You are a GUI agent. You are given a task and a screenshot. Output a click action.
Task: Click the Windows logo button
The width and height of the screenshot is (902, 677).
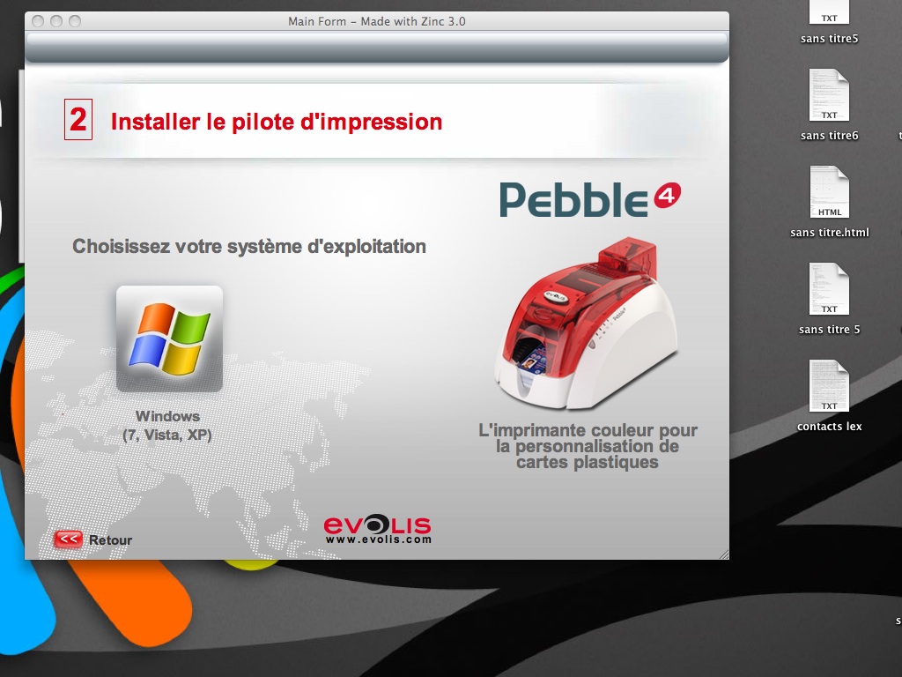click(169, 338)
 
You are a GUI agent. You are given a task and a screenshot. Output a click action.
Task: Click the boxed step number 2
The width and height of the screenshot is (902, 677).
click(78, 119)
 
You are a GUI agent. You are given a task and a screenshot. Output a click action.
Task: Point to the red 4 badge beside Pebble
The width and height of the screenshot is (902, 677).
click(668, 196)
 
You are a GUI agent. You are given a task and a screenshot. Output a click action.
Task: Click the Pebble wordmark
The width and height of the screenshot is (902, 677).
click(574, 200)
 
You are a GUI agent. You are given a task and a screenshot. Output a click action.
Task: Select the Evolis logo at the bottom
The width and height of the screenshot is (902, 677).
click(377, 524)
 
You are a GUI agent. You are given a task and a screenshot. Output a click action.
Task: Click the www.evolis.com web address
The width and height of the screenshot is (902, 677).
click(378, 540)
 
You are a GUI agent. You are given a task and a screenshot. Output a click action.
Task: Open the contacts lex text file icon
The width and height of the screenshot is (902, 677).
click(830, 386)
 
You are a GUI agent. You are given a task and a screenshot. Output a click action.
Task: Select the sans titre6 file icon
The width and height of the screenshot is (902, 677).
click(830, 95)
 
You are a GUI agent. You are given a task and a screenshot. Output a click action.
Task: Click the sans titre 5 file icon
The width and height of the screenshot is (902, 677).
click(830, 289)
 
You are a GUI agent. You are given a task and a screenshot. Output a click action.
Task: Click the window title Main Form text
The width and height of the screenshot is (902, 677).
click(317, 21)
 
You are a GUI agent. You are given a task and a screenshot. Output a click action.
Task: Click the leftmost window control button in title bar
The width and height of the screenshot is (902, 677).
click(38, 21)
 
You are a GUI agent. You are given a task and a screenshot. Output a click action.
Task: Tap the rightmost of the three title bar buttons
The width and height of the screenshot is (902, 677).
click(75, 21)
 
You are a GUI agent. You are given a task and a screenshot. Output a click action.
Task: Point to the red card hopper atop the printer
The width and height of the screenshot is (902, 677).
click(627, 254)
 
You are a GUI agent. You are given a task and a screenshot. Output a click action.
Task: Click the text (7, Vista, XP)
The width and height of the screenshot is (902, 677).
click(167, 435)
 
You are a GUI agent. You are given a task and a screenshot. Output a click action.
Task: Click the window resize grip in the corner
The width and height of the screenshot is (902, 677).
click(724, 554)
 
